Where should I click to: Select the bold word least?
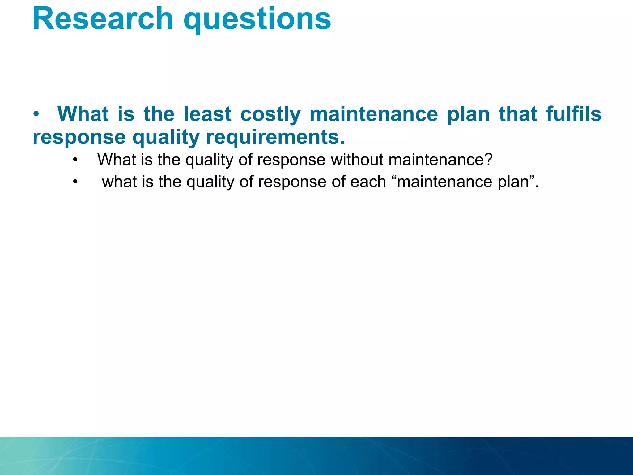tap(207, 114)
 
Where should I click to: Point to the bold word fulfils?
tap(573, 114)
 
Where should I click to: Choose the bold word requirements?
tap(275, 137)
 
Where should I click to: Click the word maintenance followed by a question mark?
tap(437, 160)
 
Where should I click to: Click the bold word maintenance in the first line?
tap(374, 114)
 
